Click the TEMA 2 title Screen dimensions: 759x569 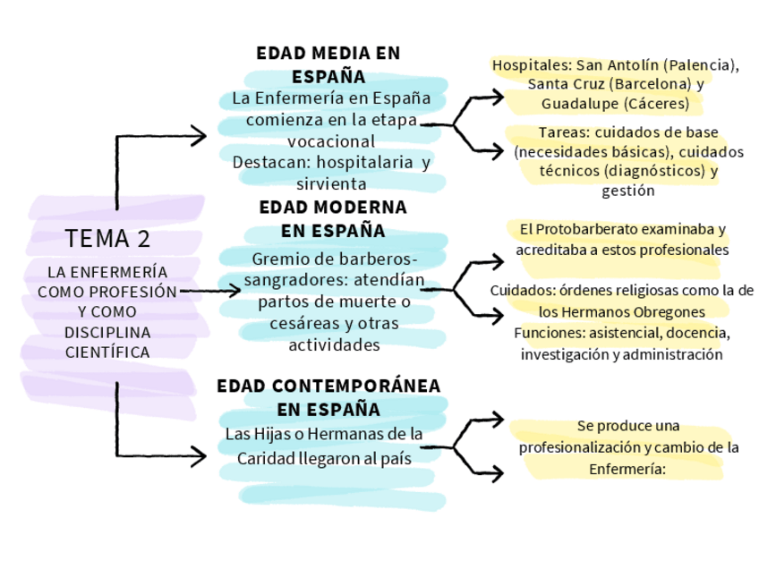[107, 239]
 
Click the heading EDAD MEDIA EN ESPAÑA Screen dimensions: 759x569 [328, 64]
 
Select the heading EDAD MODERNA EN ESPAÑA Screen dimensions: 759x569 [333, 219]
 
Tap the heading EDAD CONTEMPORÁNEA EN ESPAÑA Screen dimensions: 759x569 [328, 397]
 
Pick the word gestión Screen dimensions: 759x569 [628, 191]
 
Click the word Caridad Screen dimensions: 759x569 [265, 457]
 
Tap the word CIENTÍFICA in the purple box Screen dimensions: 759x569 [107, 352]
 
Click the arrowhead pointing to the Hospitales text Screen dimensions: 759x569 [498, 95]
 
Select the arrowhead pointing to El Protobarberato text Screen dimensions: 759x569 [498, 262]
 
